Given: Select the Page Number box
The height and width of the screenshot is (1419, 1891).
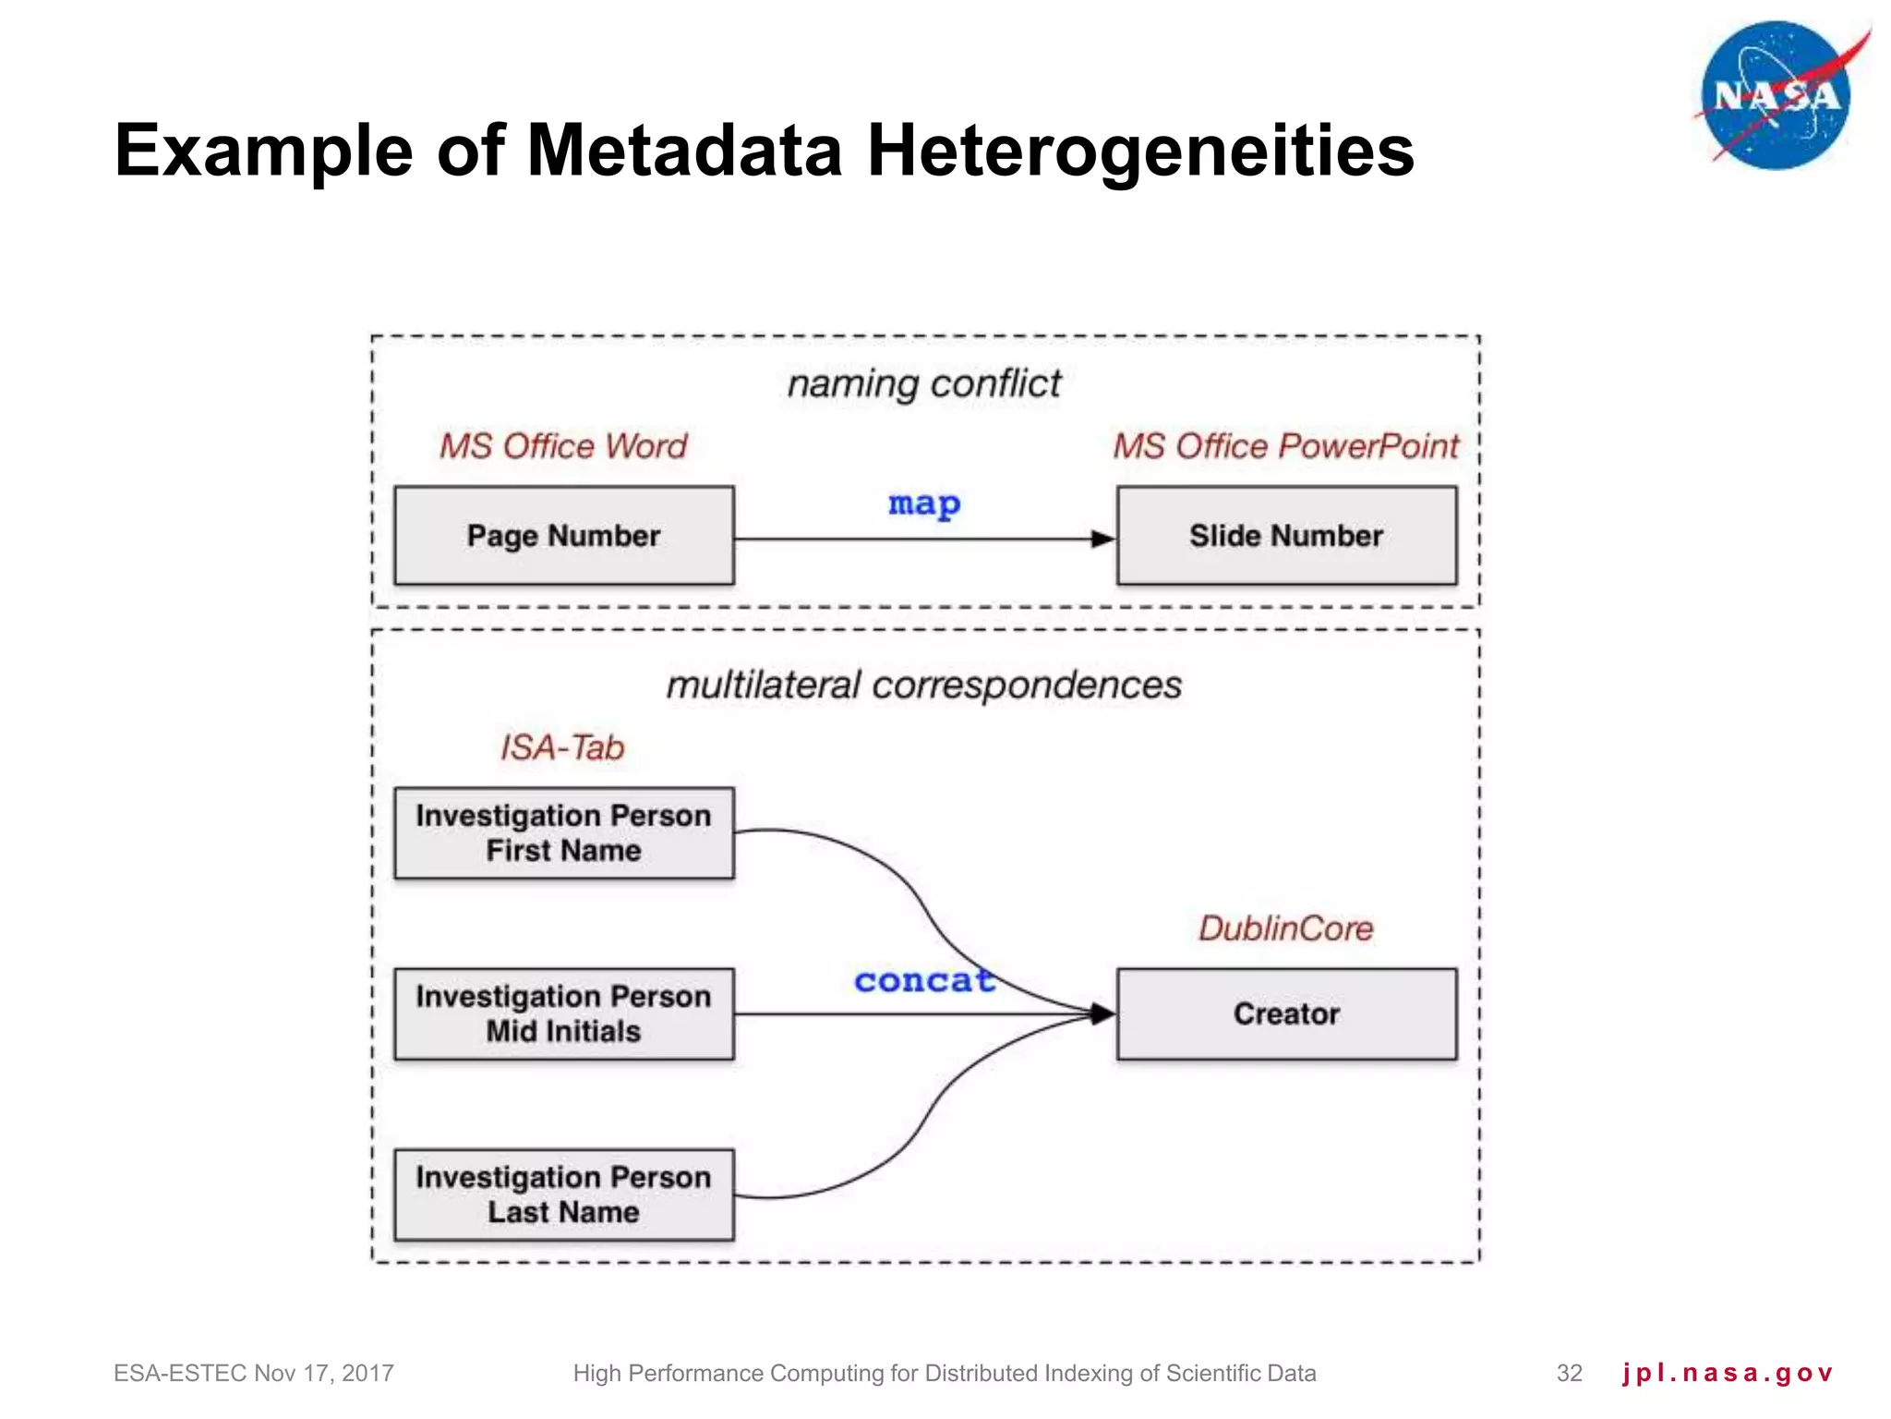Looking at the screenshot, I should point(564,536).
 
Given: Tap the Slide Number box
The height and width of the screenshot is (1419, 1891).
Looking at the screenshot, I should point(1286,536).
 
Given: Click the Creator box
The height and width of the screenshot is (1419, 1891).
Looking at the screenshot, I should point(1286,1013).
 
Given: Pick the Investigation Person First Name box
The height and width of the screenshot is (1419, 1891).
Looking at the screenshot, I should point(564,832).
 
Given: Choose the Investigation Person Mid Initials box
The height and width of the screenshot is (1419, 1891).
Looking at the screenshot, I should point(564,1013).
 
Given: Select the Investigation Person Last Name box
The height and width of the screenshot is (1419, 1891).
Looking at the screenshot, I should point(564,1195).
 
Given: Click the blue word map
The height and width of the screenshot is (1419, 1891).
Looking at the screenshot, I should point(924,504).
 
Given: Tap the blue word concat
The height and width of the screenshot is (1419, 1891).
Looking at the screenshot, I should point(924,980).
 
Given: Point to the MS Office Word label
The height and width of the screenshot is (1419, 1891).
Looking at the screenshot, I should point(563,446).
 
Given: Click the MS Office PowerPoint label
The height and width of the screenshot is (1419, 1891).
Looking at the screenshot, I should point(1285,446).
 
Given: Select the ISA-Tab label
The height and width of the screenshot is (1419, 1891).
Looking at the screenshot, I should point(562,747).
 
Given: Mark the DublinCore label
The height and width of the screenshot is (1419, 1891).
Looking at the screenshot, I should point(1285,928).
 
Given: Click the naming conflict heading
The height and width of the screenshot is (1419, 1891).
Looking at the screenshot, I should point(924,383).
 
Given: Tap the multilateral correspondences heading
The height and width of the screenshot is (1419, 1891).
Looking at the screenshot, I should point(924,685).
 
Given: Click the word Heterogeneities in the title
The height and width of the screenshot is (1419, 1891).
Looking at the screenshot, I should point(1140,151).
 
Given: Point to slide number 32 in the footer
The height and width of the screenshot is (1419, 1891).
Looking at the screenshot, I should point(1570,1374).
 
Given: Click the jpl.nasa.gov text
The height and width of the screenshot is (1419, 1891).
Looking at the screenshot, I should point(1727,1374).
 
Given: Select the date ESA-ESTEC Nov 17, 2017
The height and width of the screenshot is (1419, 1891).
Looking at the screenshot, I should point(254,1374).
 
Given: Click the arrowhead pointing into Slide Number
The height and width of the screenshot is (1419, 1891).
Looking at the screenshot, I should point(1103,539).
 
